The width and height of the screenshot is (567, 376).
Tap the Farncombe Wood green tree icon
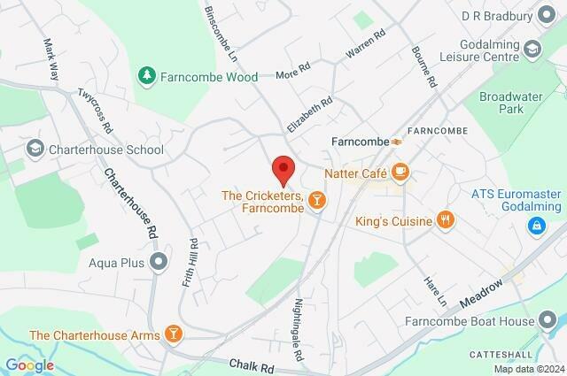147,76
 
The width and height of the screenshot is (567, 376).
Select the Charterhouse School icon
35,149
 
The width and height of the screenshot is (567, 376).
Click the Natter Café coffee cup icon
400,171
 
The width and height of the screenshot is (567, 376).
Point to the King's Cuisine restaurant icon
446,220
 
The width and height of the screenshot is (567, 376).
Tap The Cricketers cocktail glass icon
317,203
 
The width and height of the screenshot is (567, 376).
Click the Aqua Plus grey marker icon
159,261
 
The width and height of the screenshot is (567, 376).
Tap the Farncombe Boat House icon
549,320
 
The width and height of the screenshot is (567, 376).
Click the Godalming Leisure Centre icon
533,48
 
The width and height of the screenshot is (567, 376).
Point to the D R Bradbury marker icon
549,16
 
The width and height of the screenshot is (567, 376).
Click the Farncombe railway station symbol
399,141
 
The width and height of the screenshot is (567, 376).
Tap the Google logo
29,365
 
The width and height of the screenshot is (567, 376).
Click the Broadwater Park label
510,104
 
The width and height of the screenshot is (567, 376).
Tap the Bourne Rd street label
431,65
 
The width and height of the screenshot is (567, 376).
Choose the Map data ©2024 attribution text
528,369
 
